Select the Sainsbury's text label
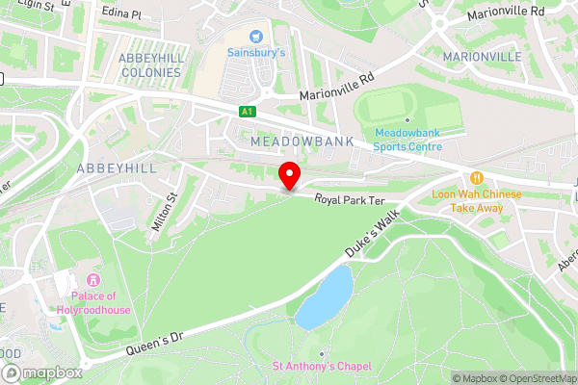tap(256, 53)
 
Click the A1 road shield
tap(248, 112)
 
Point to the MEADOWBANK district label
tap(302, 141)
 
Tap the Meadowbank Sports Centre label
tap(407, 140)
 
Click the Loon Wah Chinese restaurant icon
tap(476, 178)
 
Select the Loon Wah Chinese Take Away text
tap(476, 200)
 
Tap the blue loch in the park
tap(325, 296)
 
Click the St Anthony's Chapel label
tap(320, 366)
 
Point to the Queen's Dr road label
tap(153, 346)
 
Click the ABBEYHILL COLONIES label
tap(149, 64)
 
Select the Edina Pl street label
tap(120, 15)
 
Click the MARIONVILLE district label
tap(482, 57)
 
